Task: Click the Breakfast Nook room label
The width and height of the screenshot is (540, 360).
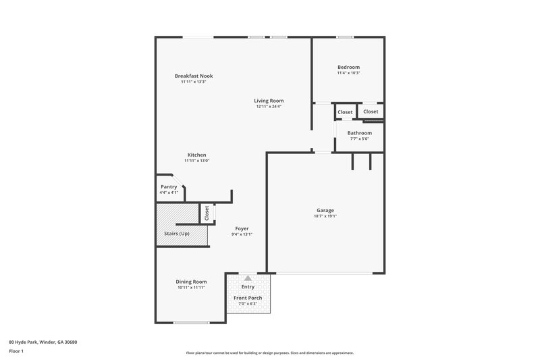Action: pyautogui.click(x=193, y=76)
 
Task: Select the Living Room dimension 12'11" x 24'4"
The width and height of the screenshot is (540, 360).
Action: pyautogui.click(x=269, y=107)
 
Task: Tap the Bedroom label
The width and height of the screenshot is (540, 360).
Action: pyautogui.click(x=348, y=67)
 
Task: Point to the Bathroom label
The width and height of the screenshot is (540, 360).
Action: pyautogui.click(x=359, y=133)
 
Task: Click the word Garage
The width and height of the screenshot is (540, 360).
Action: pyautogui.click(x=325, y=210)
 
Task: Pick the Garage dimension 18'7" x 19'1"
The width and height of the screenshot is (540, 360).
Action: pyautogui.click(x=325, y=216)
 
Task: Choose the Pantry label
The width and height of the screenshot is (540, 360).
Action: pyautogui.click(x=169, y=187)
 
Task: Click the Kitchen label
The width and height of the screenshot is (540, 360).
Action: pyautogui.click(x=196, y=155)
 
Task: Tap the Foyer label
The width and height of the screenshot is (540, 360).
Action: pyautogui.click(x=242, y=228)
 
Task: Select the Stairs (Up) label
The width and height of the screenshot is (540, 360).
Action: pyautogui.click(x=177, y=234)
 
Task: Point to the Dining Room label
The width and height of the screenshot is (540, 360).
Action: pyautogui.click(x=191, y=282)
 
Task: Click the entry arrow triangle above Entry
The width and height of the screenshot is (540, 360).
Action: pyautogui.click(x=248, y=278)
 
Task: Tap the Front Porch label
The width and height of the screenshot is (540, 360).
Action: pyautogui.click(x=248, y=298)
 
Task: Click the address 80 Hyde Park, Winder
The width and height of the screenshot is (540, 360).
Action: pyautogui.click(x=43, y=342)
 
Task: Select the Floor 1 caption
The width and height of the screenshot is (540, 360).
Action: pyautogui.click(x=16, y=352)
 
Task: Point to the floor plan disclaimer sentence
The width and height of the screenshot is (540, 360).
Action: pyautogui.click(x=270, y=353)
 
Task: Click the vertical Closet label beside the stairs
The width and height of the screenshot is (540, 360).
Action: pyautogui.click(x=207, y=213)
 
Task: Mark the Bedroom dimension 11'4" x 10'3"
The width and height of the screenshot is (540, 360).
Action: pyautogui.click(x=348, y=73)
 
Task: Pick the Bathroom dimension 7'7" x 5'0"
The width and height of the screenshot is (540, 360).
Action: pyautogui.click(x=359, y=139)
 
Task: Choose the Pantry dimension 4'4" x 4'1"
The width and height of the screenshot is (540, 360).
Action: pyautogui.click(x=169, y=193)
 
